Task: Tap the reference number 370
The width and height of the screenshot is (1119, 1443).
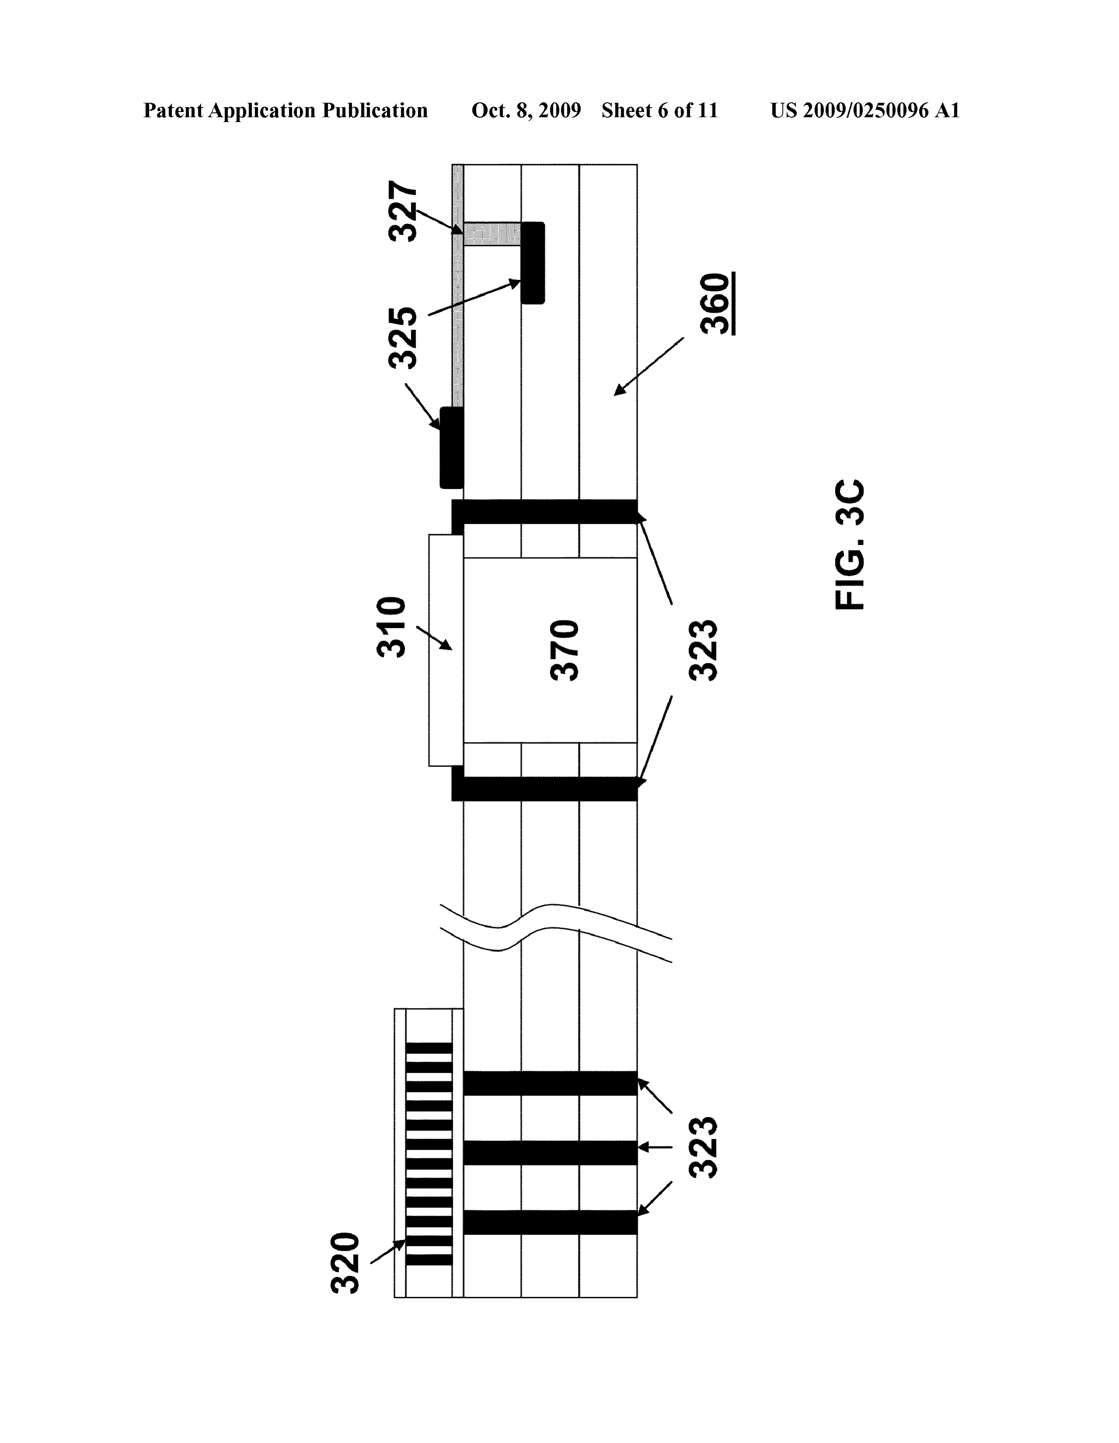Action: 565,650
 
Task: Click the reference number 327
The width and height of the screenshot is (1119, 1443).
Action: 403,212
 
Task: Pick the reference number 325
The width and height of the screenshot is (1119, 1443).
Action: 403,338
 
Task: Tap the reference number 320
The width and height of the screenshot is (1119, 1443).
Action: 345,1263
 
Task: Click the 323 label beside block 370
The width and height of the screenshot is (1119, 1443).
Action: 703,650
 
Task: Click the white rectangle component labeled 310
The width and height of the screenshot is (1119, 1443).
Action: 446,650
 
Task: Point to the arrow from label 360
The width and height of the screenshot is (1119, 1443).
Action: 650,367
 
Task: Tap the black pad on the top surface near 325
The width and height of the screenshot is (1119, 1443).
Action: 452,448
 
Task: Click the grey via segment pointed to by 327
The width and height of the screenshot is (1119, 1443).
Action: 492,234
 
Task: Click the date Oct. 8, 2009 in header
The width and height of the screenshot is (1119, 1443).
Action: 526,110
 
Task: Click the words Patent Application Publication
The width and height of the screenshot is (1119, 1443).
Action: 285,110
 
